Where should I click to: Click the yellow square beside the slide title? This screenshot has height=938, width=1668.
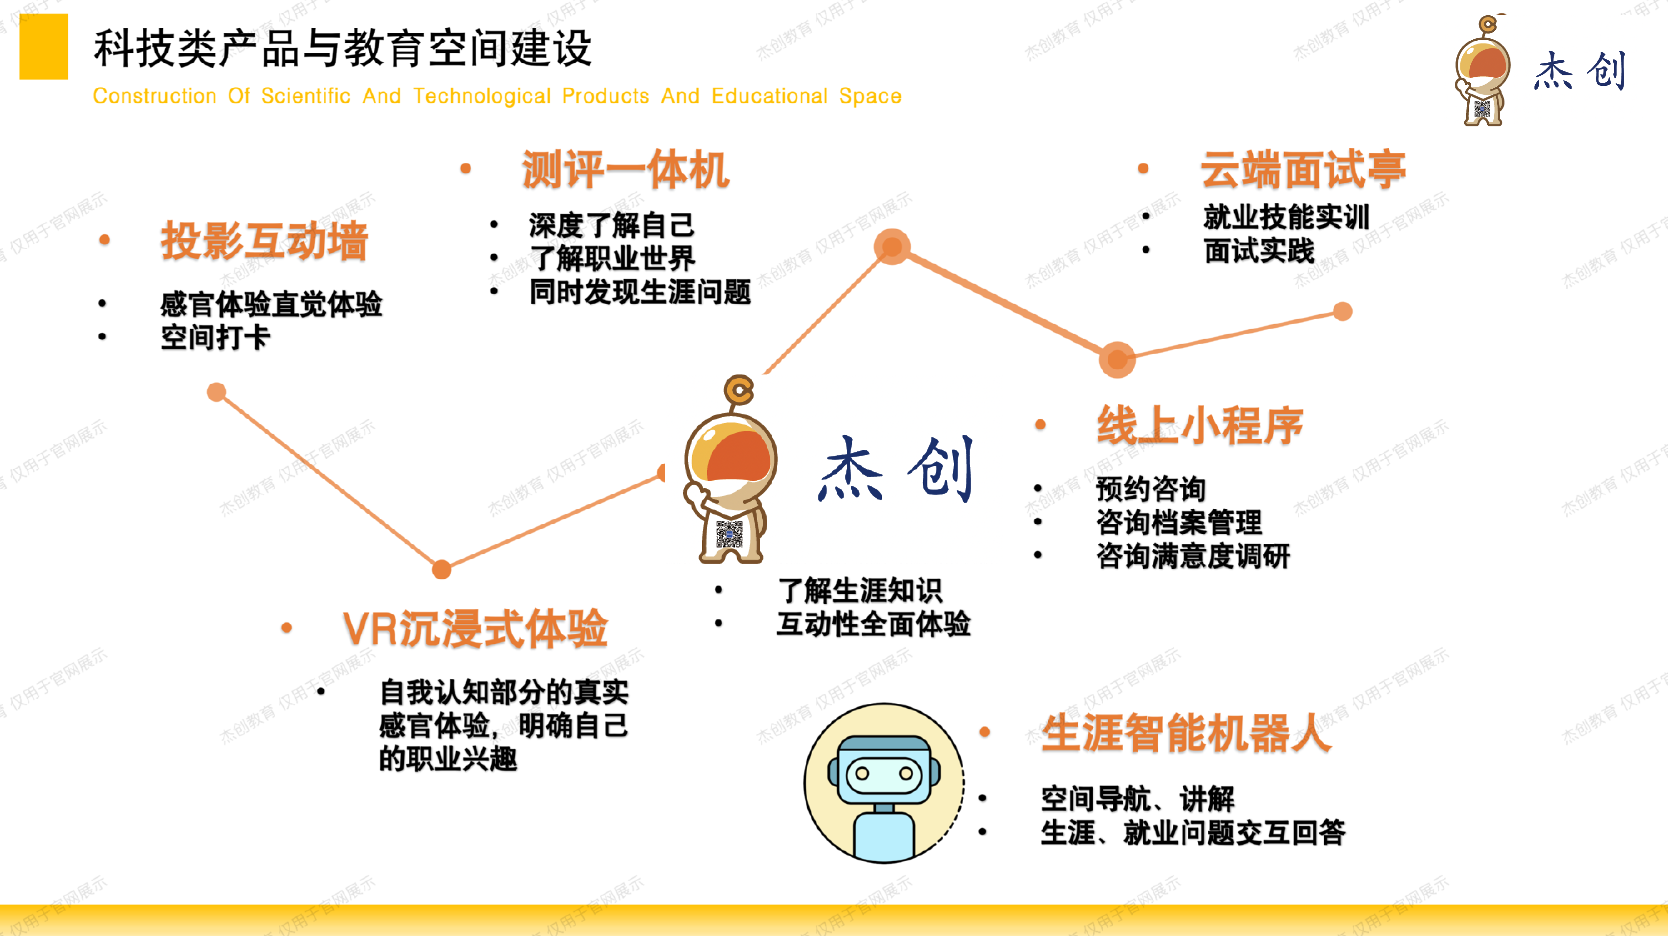(43, 47)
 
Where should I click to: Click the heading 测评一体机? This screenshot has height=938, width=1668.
(625, 170)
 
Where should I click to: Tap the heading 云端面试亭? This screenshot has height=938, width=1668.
(1304, 170)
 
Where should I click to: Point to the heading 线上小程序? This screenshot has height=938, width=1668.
(1199, 425)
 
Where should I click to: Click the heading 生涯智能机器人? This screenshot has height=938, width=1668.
(1186, 733)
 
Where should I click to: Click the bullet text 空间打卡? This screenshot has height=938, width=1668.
(216, 337)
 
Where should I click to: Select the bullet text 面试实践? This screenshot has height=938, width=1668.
(1260, 251)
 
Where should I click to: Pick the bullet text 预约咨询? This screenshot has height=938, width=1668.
(1151, 489)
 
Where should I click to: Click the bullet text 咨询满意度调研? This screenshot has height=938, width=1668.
(1193, 556)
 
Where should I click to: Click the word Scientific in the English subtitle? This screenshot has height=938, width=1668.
(306, 96)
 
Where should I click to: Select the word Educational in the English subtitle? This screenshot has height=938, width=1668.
(769, 96)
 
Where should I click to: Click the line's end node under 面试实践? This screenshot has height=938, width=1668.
(1343, 311)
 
